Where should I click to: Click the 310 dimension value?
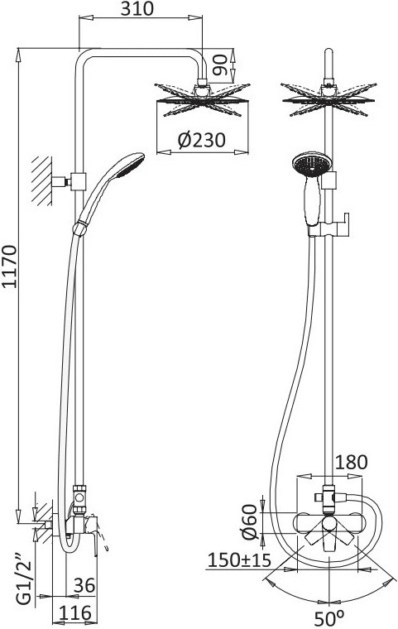pos(137,8)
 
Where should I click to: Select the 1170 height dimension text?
pos(10,266)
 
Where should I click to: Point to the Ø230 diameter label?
pos(202,140)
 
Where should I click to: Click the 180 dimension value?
pos(351,462)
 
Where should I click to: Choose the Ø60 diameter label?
pos(249,522)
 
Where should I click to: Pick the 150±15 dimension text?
pos(239,560)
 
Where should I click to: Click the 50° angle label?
pos(329,618)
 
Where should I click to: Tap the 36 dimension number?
pos(84,585)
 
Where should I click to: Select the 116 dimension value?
pos(75,613)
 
